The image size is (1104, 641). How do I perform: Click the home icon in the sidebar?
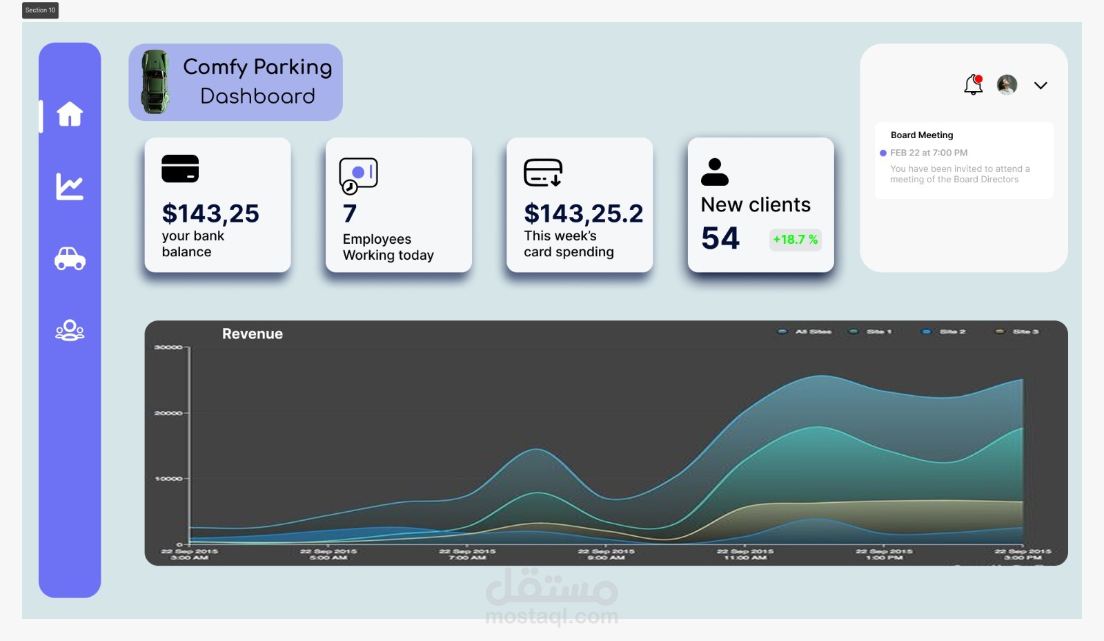70,114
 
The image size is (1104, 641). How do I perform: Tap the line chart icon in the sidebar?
70,186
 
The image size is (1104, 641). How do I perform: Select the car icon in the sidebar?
70,258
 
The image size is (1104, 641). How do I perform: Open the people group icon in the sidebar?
70,330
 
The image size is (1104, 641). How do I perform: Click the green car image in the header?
155,82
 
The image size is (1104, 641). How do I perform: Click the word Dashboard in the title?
257,96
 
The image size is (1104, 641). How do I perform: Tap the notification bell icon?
973,84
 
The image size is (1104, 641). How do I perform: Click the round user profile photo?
1007,84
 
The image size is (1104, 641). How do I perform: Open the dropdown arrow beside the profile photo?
1041,86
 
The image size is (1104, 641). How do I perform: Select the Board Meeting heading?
921,135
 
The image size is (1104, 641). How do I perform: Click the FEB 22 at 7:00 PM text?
928,153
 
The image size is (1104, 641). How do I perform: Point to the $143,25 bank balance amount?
210,213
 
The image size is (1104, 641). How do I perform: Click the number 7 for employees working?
350,213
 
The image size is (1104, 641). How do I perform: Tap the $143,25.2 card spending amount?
583,213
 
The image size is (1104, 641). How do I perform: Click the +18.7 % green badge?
795,240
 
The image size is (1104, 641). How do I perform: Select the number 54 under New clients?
720,238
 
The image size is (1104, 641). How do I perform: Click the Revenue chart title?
253,334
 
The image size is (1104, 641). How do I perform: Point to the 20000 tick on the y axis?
168,413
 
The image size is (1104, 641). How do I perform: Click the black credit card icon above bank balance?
180,169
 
